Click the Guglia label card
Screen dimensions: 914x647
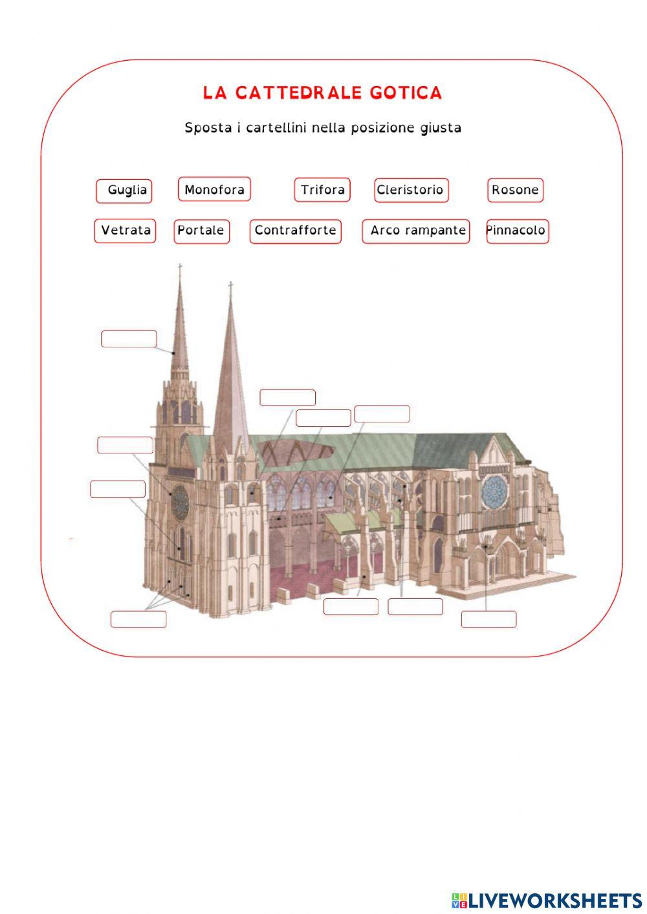pos(124,191)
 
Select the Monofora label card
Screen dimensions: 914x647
pos(214,190)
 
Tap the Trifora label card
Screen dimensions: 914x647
pos(322,190)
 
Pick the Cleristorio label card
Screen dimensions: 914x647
pos(411,190)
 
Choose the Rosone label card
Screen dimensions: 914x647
pos(515,190)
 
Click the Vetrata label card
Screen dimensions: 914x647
pos(126,231)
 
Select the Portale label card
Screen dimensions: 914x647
pos(201,231)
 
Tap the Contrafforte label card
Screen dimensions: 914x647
pos(295,231)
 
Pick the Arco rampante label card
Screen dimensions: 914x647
pos(416,231)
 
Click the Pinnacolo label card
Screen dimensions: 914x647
pos(517,231)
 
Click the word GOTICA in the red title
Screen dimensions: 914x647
pos(406,93)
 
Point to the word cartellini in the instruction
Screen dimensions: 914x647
pos(276,127)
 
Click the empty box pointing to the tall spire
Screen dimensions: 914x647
pos(129,338)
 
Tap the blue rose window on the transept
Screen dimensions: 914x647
pos(494,492)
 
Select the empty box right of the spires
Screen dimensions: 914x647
pos(287,397)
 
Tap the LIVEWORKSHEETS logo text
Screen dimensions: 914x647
pos(554,900)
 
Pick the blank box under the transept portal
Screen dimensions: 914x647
pos(488,619)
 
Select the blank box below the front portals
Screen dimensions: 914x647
pos(138,619)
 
